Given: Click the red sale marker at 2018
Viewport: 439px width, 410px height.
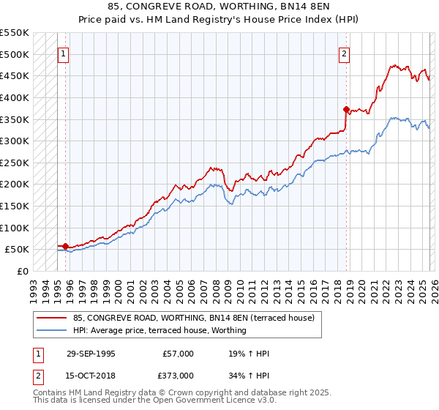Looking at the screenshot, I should click(x=346, y=109).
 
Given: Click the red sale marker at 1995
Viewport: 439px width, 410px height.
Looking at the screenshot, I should click(x=66, y=247).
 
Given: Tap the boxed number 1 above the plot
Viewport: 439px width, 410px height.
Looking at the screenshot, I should click(x=64, y=53).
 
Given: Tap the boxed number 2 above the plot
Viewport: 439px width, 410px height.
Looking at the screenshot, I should click(x=344, y=53).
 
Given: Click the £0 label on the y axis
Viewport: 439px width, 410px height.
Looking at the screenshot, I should click(x=22, y=271).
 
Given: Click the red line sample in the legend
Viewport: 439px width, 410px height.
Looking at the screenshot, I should click(x=51, y=318).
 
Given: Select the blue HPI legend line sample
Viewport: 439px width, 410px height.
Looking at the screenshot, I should click(x=51, y=330).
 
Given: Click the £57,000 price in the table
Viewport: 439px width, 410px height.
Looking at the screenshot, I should click(x=179, y=354).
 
